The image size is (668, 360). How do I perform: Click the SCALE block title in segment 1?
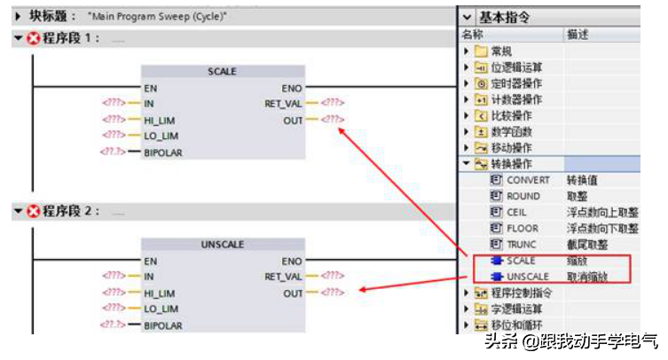click(222, 72)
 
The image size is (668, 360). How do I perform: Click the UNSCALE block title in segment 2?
click(222, 245)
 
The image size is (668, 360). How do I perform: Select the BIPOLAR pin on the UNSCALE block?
click(163, 325)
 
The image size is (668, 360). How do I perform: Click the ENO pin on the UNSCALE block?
click(291, 262)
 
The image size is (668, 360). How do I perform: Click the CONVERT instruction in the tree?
click(528, 180)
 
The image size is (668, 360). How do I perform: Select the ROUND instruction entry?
click(523, 196)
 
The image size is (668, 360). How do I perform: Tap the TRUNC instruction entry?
click(523, 244)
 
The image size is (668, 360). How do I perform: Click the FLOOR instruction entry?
click(523, 228)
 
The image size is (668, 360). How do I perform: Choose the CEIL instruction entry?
click(516, 212)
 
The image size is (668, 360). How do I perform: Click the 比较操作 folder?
click(510, 115)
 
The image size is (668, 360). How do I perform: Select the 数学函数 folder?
click(510, 131)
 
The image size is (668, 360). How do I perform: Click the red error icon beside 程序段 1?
click(35, 38)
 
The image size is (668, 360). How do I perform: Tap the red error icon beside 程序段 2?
click(35, 211)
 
